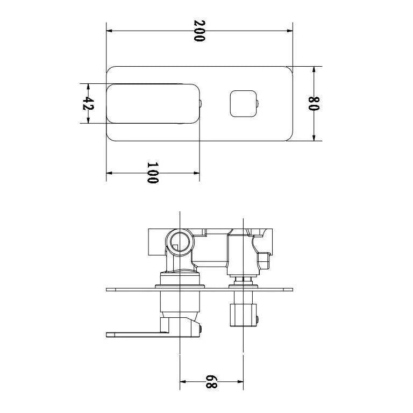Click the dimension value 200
[200, 31]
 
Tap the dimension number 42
[88, 103]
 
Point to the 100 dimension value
[153, 173]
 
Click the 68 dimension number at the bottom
[211, 382]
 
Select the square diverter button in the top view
[241, 103]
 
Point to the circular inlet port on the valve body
[179, 244]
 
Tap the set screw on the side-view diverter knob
[259, 319]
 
